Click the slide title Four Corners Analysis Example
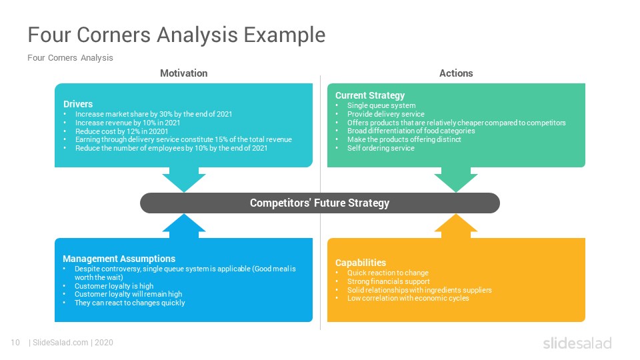pyautogui.click(x=176, y=35)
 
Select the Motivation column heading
pyautogui.click(x=183, y=73)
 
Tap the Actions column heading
pyautogui.click(x=456, y=73)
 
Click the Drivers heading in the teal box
pyautogui.click(x=78, y=104)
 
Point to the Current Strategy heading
pyautogui.click(x=369, y=95)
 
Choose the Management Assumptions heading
pyautogui.click(x=119, y=259)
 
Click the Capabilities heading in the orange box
pyautogui.click(x=360, y=263)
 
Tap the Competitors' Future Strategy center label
pyautogui.click(x=319, y=203)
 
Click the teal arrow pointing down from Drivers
pyautogui.click(x=183, y=179)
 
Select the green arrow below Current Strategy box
pyautogui.click(x=456, y=179)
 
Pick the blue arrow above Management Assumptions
pyautogui.click(x=183, y=227)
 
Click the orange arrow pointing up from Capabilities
pyautogui.click(x=456, y=227)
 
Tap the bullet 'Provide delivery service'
pyautogui.click(x=385, y=114)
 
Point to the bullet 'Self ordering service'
pyautogui.click(x=381, y=148)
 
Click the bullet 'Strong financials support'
pyautogui.click(x=388, y=281)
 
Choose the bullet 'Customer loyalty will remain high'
pyautogui.click(x=128, y=294)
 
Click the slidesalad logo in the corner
pyautogui.click(x=577, y=343)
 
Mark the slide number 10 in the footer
pyautogui.click(x=15, y=343)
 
